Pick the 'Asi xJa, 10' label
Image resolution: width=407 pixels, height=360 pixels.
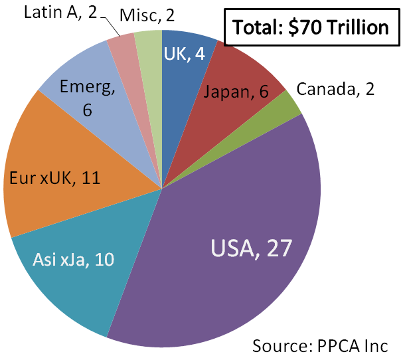[x=74, y=258]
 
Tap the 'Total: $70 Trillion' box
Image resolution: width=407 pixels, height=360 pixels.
[x=309, y=27]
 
